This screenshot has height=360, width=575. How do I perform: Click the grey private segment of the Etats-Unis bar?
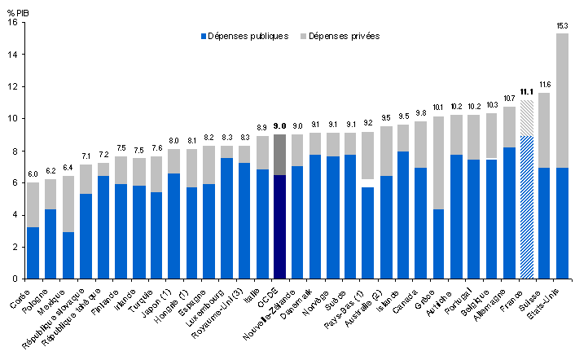tap(562, 100)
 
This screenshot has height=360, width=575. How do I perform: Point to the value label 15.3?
tap(562, 26)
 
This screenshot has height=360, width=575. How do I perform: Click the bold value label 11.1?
tap(527, 93)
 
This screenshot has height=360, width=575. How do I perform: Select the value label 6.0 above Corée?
tap(33, 174)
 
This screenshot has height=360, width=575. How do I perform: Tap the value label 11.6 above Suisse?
tap(545, 85)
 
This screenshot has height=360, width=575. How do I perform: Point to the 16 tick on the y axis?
tap(11, 23)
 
